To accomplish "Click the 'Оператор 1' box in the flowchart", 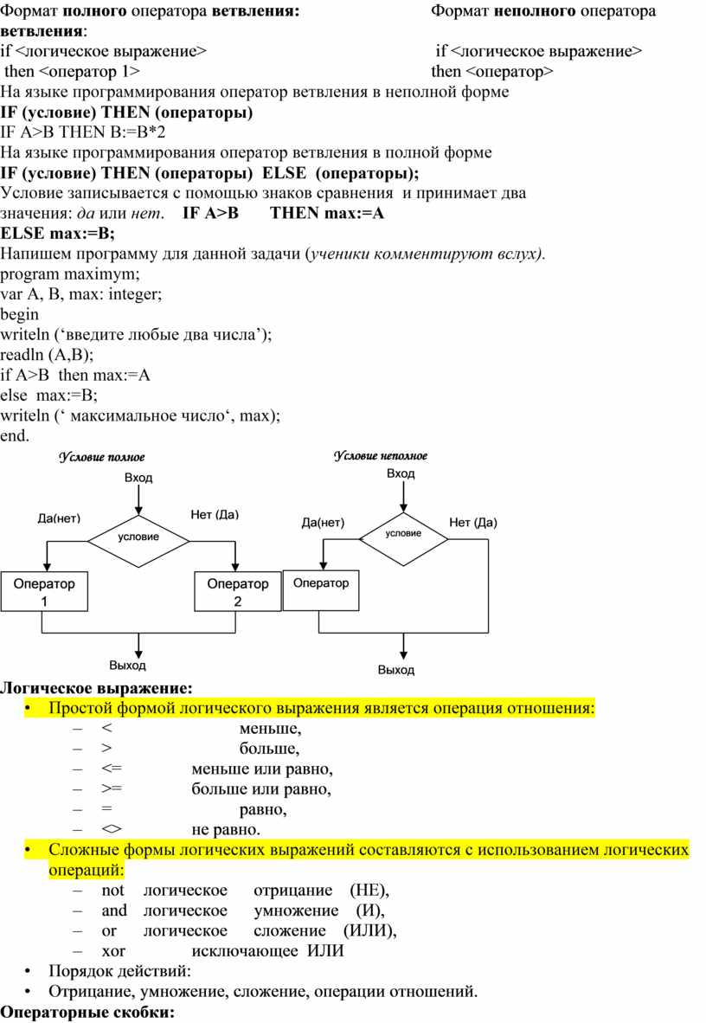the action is point(44,592).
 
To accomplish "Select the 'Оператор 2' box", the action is point(238,592).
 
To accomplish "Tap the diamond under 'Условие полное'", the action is point(138,540).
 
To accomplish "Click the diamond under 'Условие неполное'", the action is point(404,539).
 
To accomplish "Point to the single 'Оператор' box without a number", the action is point(321,590).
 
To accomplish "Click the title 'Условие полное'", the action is point(102,457).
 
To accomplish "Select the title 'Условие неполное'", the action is point(381,456).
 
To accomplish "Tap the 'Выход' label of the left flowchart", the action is point(127,666).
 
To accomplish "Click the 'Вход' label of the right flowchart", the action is point(401,473).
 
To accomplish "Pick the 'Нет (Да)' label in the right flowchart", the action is point(473,523).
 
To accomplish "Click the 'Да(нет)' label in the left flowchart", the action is point(59,518).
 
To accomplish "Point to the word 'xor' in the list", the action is point(113,951).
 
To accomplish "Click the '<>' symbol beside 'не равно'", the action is point(112,829).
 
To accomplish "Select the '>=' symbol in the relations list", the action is point(112,788).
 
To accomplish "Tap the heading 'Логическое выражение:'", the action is point(97,688).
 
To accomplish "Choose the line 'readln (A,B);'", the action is point(47,355).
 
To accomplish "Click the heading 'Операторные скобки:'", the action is point(88,1012).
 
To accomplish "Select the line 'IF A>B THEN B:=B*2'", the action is point(83,132).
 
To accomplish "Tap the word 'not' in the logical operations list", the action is point(112,891).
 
